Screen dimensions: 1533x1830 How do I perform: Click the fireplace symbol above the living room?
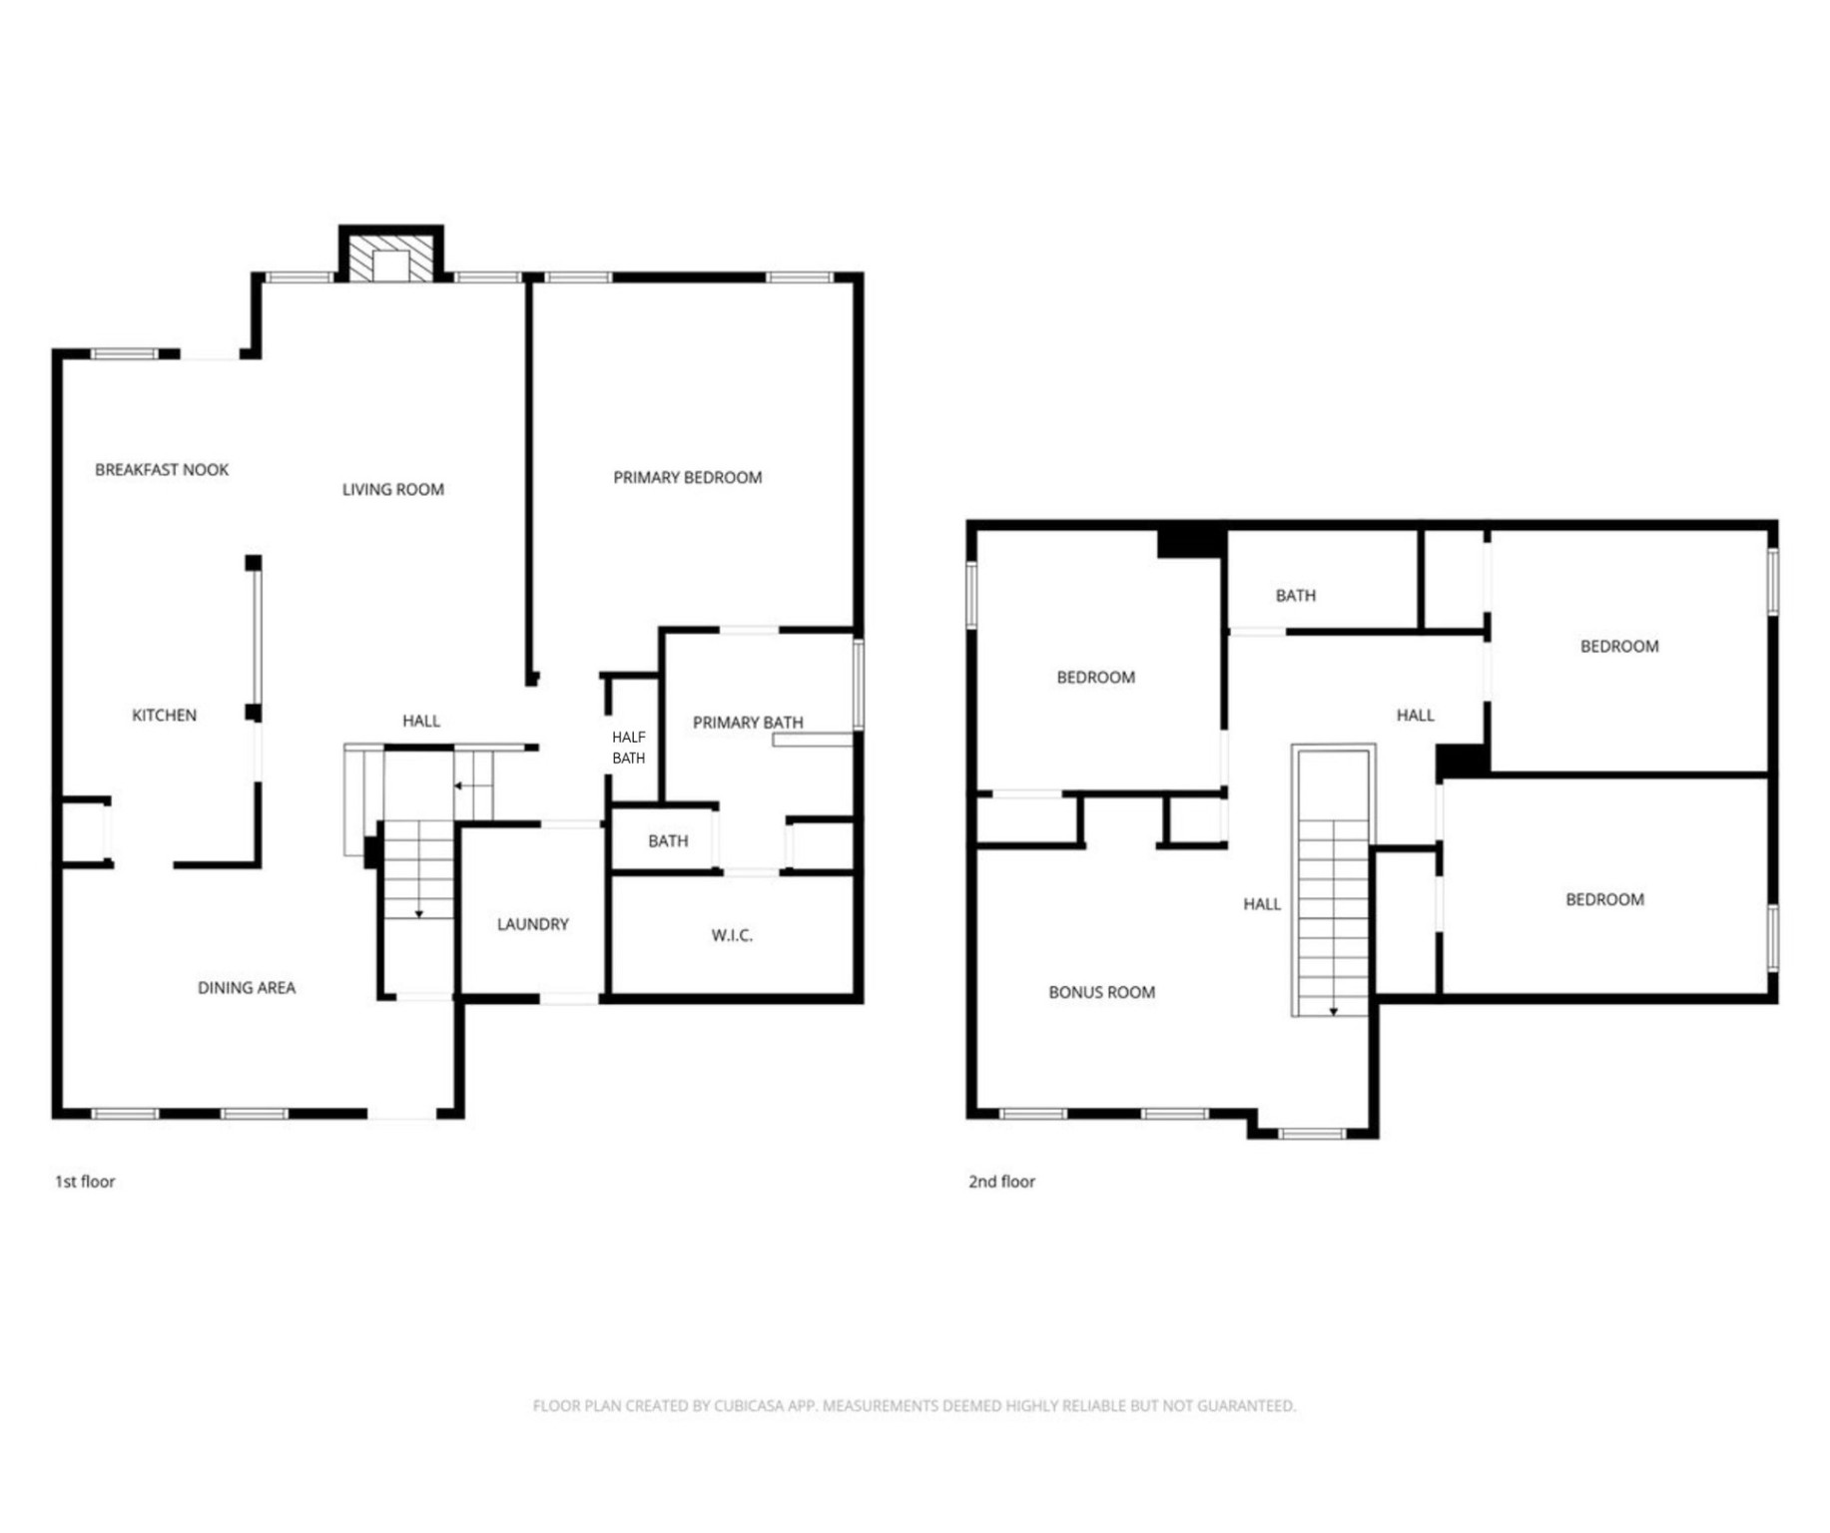tap(390, 260)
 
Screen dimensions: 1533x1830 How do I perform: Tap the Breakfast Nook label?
tap(162, 469)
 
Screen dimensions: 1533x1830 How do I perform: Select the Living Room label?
tap(392, 489)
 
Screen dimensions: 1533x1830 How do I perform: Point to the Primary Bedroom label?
tap(687, 478)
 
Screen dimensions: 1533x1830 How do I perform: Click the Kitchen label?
tap(164, 715)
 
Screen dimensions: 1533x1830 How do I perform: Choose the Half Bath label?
tap(628, 748)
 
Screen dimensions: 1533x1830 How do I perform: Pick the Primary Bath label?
tap(747, 722)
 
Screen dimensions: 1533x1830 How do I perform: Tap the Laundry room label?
tap(532, 924)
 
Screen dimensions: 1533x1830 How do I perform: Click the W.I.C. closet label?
tap(732, 935)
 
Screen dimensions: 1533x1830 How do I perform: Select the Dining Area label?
tap(246, 988)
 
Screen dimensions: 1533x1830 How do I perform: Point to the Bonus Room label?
tap(1101, 992)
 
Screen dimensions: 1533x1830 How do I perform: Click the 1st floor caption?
tap(85, 1182)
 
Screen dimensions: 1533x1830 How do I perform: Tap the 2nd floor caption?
tap(1001, 1182)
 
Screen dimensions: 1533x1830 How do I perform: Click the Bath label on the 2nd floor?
tap(1295, 596)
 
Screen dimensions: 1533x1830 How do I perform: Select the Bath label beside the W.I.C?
tap(668, 841)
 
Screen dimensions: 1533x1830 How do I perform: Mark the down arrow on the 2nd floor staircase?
tap(1333, 1011)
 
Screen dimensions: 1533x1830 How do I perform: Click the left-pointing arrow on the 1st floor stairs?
tap(459, 786)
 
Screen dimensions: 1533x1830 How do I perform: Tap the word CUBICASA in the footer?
tap(748, 1406)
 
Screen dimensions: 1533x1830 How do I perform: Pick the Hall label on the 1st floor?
tap(420, 721)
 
